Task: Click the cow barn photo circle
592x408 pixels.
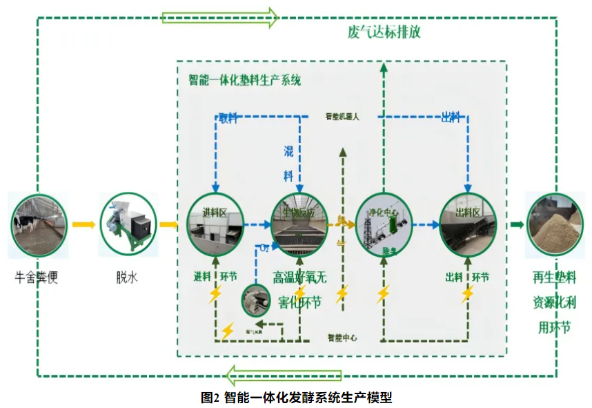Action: point(39,225)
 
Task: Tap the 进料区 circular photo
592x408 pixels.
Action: point(217,224)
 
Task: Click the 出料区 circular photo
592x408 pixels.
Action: point(468,224)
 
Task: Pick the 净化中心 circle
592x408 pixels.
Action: point(384,224)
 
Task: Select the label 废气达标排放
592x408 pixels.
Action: point(384,32)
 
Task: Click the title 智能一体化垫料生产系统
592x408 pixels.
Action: point(245,80)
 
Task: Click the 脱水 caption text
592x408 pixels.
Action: point(127,278)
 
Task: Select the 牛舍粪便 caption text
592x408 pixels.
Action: point(38,279)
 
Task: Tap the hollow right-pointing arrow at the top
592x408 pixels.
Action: point(219,16)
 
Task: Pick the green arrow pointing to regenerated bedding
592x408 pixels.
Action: point(516,224)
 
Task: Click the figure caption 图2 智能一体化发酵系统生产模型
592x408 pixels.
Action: point(297,397)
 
